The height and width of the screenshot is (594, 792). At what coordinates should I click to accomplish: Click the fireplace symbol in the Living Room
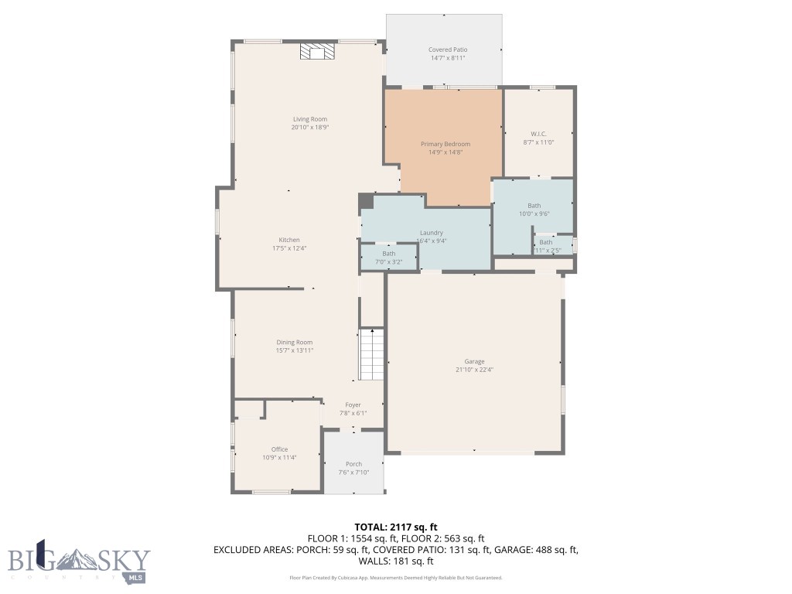(x=318, y=52)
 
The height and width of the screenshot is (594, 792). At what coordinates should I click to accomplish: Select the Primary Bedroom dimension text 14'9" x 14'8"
(x=445, y=152)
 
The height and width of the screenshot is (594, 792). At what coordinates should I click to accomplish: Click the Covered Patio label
(x=448, y=49)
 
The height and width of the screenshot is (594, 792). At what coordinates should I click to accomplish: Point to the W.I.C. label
(x=538, y=134)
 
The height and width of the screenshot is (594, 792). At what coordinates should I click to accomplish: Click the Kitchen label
(x=289, y=240)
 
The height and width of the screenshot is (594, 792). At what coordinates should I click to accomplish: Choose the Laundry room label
(x=431, y=233)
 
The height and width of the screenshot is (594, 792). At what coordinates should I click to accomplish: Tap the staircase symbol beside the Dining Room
(x=371, y=354)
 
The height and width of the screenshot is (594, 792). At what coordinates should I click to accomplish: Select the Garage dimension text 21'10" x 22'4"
(x=474, y=370)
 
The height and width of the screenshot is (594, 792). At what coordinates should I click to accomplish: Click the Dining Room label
(x=295, y=342)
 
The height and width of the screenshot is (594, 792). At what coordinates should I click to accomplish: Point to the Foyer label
(x=353, y=405)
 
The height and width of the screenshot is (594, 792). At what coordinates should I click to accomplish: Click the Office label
(x=279, y=449)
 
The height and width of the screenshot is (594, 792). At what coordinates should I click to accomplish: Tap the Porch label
(x=353, y=464)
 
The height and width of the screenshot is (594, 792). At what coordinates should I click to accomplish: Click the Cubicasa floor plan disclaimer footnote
(x=395, y=578)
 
